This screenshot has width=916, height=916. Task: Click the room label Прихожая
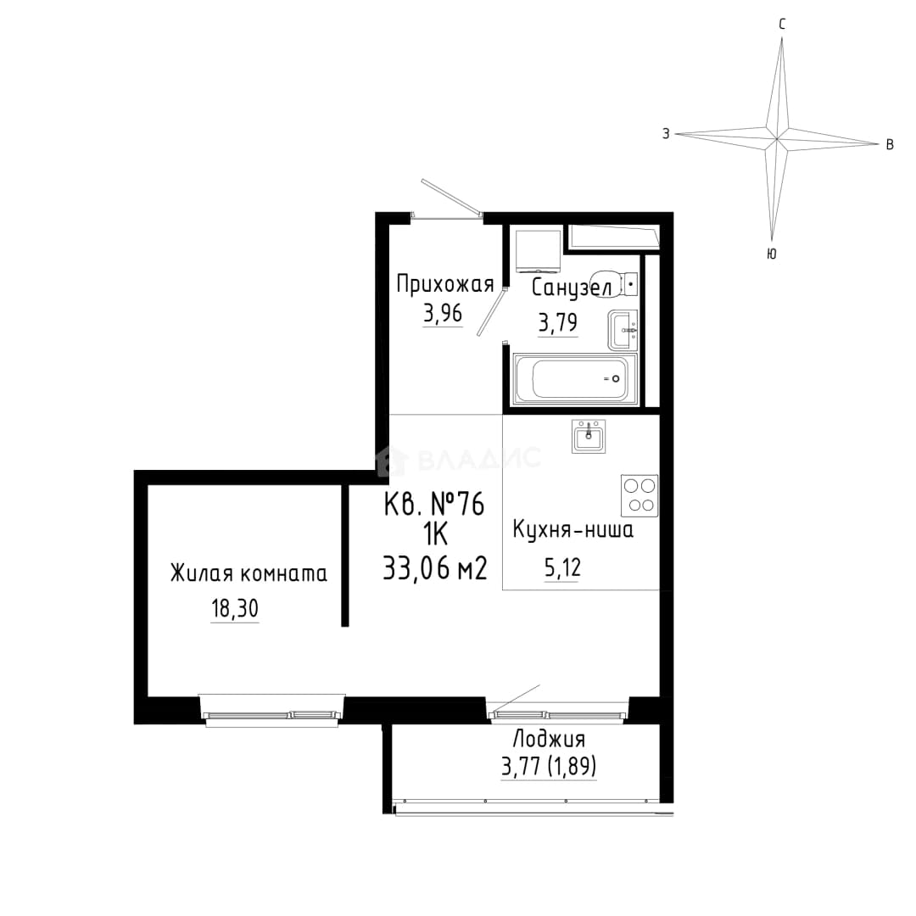click(x=444, y=284)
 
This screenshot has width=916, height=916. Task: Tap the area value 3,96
click(x=443, y=315)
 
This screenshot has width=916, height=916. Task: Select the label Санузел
click(x=572, y=288)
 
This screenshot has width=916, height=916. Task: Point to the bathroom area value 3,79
click(x=558, y=322)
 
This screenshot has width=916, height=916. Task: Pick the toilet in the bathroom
click(x=613, y=284)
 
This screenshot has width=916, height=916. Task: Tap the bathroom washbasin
click(x=623, y=330)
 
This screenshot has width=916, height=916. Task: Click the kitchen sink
click(x=589, y=437)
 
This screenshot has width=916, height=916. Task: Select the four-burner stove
click(x=640, y=495)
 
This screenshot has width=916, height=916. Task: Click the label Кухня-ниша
click(x=572, y=530)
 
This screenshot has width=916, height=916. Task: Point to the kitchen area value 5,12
click(x=562, y=567)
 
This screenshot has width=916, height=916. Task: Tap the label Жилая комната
click(x=249, y=573)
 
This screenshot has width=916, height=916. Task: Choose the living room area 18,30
click(x=235, y=609)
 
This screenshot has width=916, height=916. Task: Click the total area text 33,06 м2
click(x=434, y=567)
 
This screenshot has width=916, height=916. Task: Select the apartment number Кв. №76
click(x=434, y=504)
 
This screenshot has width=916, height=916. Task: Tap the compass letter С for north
click(x=782, y=24)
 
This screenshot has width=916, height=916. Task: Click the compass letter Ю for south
click(x=771, y=254)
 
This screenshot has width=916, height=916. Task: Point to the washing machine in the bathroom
click(x=539, y=251)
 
